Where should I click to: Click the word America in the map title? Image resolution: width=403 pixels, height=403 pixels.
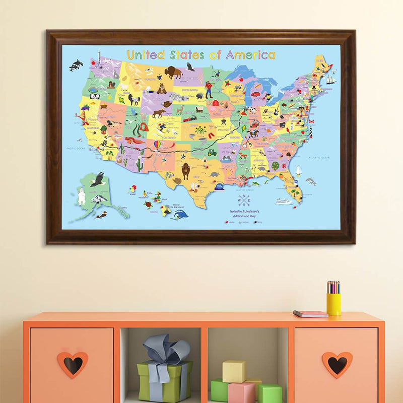pos(250,55)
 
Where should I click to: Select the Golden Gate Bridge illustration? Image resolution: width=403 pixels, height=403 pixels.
pos(81,117)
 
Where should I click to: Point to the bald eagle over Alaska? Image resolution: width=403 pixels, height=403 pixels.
pos(97,178)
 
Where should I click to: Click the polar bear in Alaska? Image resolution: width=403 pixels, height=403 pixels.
pos(81,196)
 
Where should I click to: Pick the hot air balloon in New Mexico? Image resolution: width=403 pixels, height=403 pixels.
pos(158,146)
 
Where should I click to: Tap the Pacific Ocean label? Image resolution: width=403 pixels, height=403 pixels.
pos(75,149)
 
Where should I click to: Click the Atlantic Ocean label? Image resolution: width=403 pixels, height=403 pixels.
pos(319,158)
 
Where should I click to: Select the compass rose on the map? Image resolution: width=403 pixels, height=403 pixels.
pos(244,200)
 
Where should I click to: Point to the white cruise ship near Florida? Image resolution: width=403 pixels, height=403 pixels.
pos(284,201)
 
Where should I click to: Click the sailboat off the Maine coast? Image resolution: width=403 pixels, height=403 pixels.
pos(330,79)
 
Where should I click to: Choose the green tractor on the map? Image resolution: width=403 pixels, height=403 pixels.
pos(212,152)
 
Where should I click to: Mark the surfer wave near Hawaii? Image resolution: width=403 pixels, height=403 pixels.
pos(180,214)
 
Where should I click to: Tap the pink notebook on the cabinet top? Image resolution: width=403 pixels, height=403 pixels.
pos(310,314)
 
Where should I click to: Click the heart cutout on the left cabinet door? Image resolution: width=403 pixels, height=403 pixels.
pos(73,364)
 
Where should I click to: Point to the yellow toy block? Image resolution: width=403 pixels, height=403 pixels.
pos(234,371)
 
